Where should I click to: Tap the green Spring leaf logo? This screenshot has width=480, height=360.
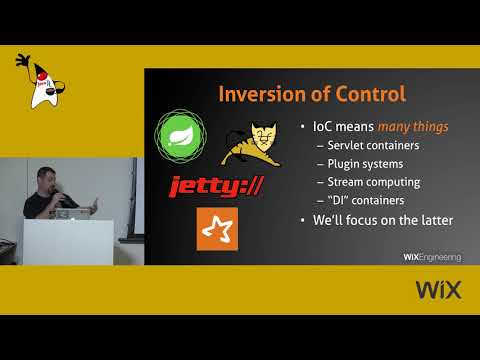pos(182,135)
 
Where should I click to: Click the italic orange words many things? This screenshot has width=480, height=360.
pos(413,127)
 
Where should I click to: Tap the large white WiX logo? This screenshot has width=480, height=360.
pos(437,291)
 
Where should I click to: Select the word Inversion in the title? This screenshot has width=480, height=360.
pos(254,95)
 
